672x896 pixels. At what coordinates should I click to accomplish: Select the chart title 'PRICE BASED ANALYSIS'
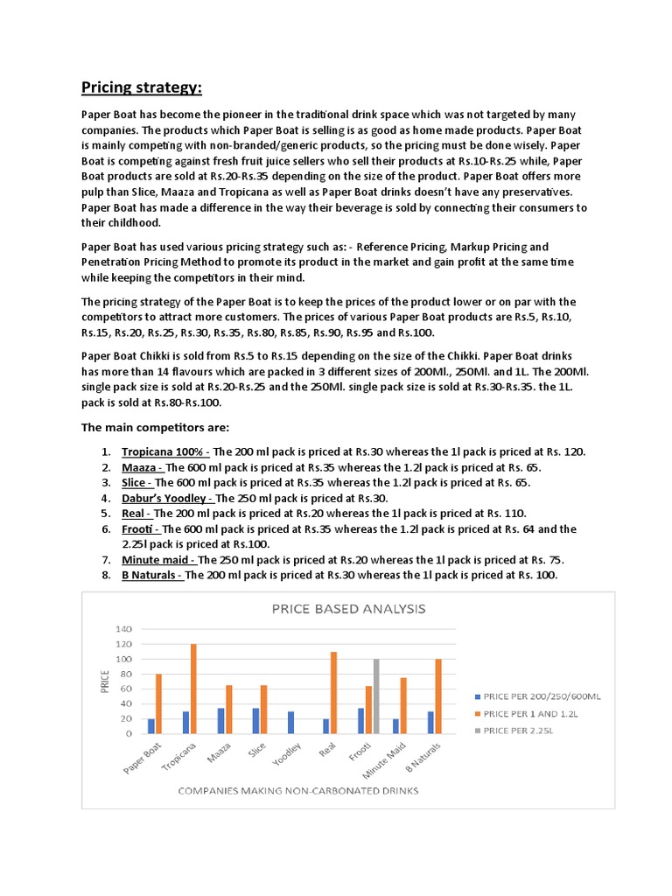(x=348, y=608)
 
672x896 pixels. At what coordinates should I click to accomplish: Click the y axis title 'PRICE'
(x=104, y=681)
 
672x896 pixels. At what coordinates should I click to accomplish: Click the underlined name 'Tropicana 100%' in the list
(x=164, y=451)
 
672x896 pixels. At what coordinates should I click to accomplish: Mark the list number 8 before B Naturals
(x=105, y=575)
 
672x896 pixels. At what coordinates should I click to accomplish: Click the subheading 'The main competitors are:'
(x=156, y=427)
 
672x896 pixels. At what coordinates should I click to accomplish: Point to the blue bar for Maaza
(x=220, y=721)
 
